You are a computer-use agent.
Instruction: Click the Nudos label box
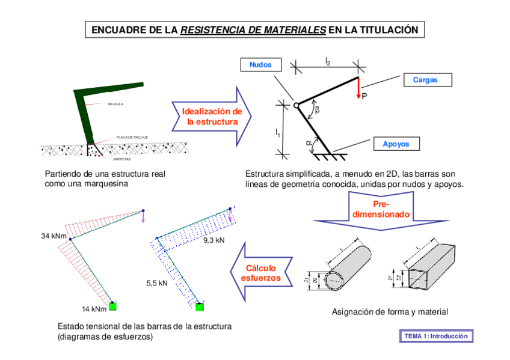pos(260,65)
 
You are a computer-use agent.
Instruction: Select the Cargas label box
pos(425,80)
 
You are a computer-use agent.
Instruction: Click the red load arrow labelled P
pos(359,88)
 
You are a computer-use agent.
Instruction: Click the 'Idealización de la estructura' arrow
pos(212,117)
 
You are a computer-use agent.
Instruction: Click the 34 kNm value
pos(54,237)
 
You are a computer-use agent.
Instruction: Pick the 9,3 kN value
pos(214,240)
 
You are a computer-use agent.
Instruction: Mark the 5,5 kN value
pos(157,282)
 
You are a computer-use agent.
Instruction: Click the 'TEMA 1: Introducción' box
pos(436,337)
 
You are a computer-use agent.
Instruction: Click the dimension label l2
pos(328,61)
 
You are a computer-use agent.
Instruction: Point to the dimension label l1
pos(277,133)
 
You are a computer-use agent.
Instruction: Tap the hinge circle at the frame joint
pos(296,106)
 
